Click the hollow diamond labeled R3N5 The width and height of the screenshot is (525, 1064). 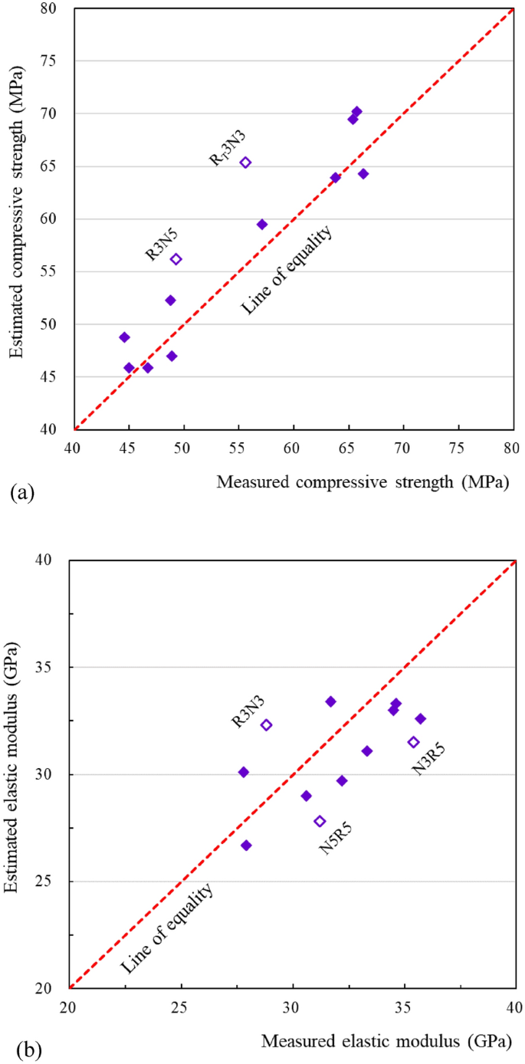coord(176,259)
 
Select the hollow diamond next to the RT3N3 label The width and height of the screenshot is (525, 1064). coord(245,163)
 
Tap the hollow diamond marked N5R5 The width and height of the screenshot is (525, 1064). coord(320,821)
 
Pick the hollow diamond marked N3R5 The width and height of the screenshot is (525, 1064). coord(413,742)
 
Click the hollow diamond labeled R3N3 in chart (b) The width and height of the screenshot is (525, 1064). coord(266,725)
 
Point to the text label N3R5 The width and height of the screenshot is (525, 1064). coord(429,758)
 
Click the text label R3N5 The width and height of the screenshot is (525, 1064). coord(162,244)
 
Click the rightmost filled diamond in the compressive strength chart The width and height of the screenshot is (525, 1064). coord(363,174)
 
